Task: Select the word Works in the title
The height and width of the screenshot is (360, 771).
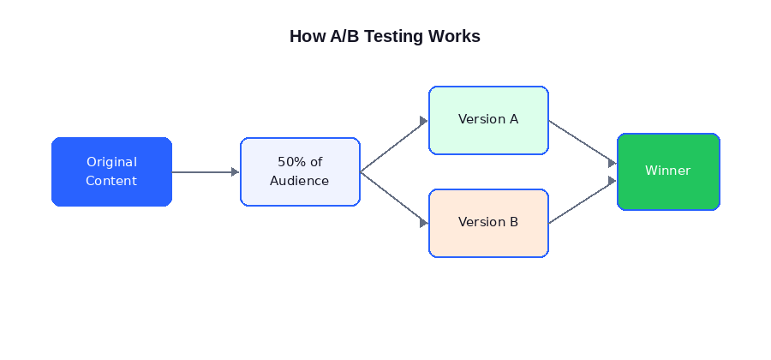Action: click(457, 37)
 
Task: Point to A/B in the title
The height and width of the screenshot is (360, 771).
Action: click(344, 37)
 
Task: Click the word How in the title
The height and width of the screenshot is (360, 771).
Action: click(308, 37)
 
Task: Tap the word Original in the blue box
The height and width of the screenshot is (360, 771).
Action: click(111, 162)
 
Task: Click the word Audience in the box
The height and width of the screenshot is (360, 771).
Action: click(300, 181)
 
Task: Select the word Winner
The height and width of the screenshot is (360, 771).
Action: click(668, 171)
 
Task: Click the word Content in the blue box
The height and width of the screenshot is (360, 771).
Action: click(111, 181)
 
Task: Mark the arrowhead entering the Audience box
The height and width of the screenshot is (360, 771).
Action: click(236, 171)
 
